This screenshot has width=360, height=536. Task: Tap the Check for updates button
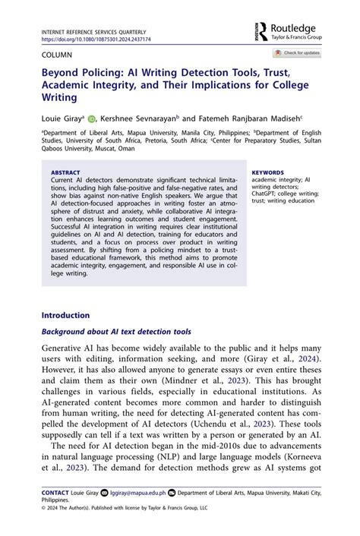[298, 53]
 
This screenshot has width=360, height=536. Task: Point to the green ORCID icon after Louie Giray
[91, 119]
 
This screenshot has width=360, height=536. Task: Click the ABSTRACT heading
[65, 172]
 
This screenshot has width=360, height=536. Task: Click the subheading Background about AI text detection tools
[115, 332]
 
